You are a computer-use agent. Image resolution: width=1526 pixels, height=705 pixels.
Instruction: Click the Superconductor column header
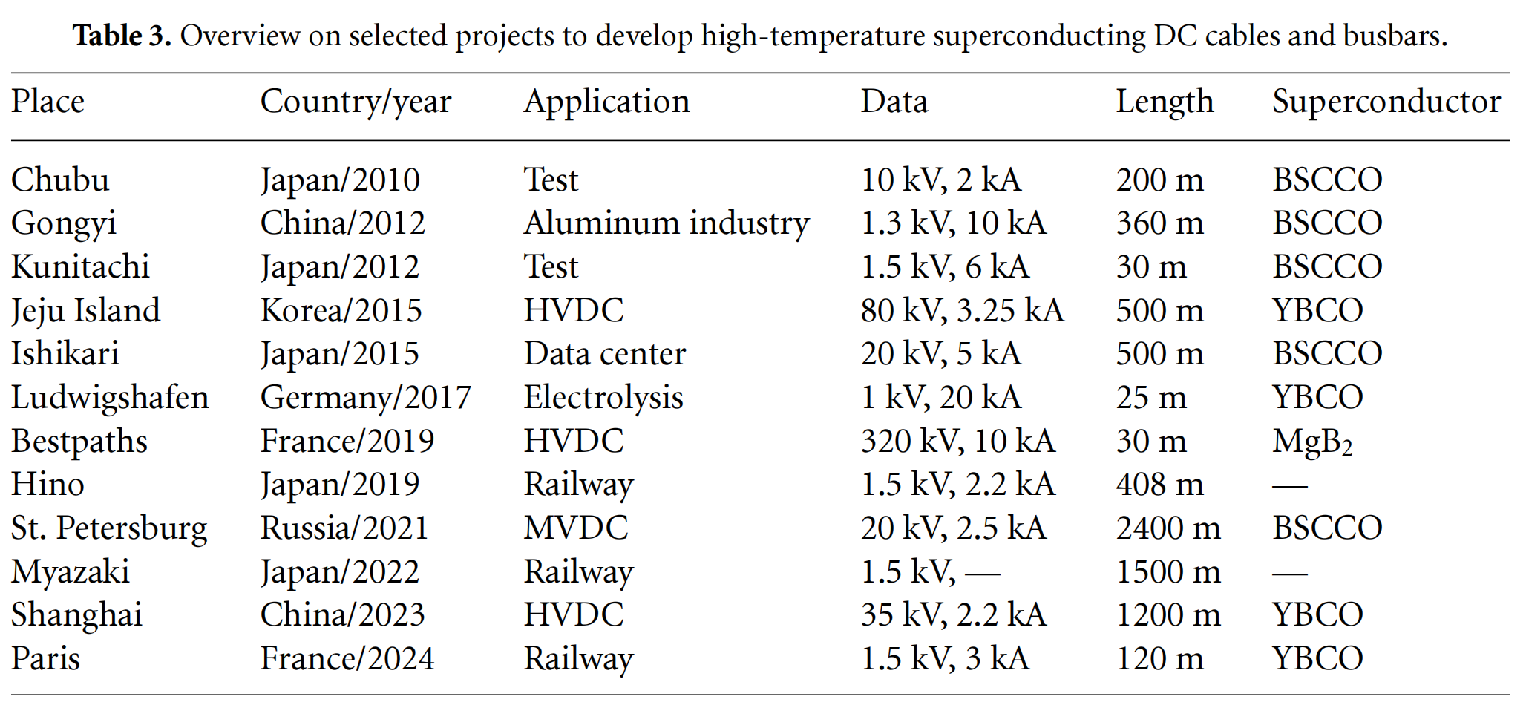(x=1386, y=102)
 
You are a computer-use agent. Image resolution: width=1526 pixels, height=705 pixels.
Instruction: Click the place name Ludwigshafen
(x=110, y=399)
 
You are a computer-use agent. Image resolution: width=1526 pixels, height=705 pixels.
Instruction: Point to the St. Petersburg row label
(x=109, y=529)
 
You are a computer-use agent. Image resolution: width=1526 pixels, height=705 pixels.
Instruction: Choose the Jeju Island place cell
(x=85, y=312)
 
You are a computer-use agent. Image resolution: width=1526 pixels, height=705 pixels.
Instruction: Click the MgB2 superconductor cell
(x=1312, y=442)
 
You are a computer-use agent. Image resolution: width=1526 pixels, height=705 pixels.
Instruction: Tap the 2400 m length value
(x=1168, y=528)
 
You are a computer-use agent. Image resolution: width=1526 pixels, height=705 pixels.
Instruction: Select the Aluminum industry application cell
(x=667, y=224)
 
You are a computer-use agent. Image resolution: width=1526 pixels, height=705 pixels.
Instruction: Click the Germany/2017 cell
(x=365, y=399)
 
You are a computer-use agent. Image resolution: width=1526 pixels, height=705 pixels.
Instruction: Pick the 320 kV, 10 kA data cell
(x=957, y=442)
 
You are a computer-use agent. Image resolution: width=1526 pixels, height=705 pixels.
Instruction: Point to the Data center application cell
(x=605, y=354)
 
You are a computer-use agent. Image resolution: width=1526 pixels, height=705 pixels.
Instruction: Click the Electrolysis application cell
(x=603, y=399)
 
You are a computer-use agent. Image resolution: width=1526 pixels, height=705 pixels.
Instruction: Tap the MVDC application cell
(x=576, y=528)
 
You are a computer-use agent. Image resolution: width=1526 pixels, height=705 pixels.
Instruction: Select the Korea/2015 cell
(x=341, y=311)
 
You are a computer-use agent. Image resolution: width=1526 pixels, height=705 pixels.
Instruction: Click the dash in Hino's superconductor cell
(x=1290, y=487)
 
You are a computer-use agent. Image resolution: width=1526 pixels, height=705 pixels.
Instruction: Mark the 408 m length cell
(x=1159, y=485)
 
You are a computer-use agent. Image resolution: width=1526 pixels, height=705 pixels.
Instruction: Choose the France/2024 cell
(x=347, y=659)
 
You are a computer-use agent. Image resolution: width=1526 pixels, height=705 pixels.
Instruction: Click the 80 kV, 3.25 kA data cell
(x=962, y=311)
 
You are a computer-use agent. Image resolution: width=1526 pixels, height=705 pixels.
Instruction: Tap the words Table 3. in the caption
(x=122, y=36)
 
